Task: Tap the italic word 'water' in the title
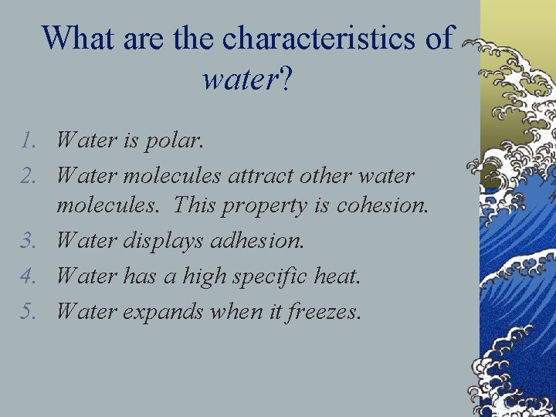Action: coord(237,79)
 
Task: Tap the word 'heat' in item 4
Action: coord(337,276)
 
